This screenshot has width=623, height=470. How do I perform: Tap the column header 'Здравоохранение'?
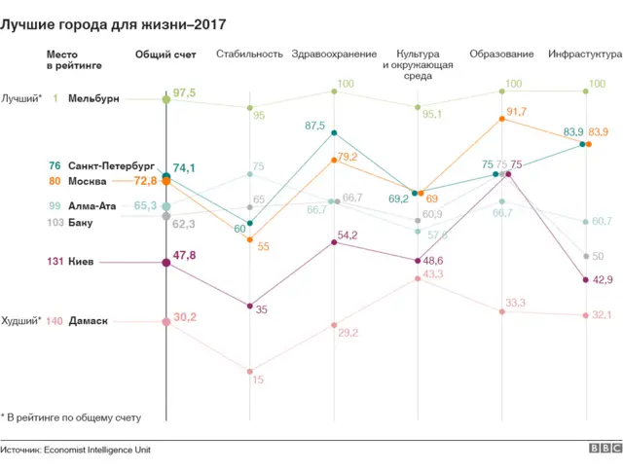(334, 54)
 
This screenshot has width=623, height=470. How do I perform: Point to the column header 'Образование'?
(501, 54)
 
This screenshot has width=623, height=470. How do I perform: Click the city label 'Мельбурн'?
(94, 98)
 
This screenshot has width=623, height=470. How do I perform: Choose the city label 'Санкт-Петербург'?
(112, 165)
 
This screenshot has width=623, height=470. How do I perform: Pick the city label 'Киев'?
(83, 262)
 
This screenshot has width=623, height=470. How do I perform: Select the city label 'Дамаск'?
(89, 320)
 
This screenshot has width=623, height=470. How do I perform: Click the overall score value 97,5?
(184, 93)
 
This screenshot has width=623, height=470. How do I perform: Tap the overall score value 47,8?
(184, 256)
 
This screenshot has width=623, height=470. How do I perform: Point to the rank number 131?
(55, 262)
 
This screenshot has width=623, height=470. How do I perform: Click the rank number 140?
(55, 320)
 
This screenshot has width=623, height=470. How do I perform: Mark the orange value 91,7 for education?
(516, 112)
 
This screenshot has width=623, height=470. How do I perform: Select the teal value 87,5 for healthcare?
(314, 126)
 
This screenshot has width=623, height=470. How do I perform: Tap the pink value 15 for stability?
(258, 380)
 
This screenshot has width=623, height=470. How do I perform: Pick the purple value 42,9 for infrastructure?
(603, 280)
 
